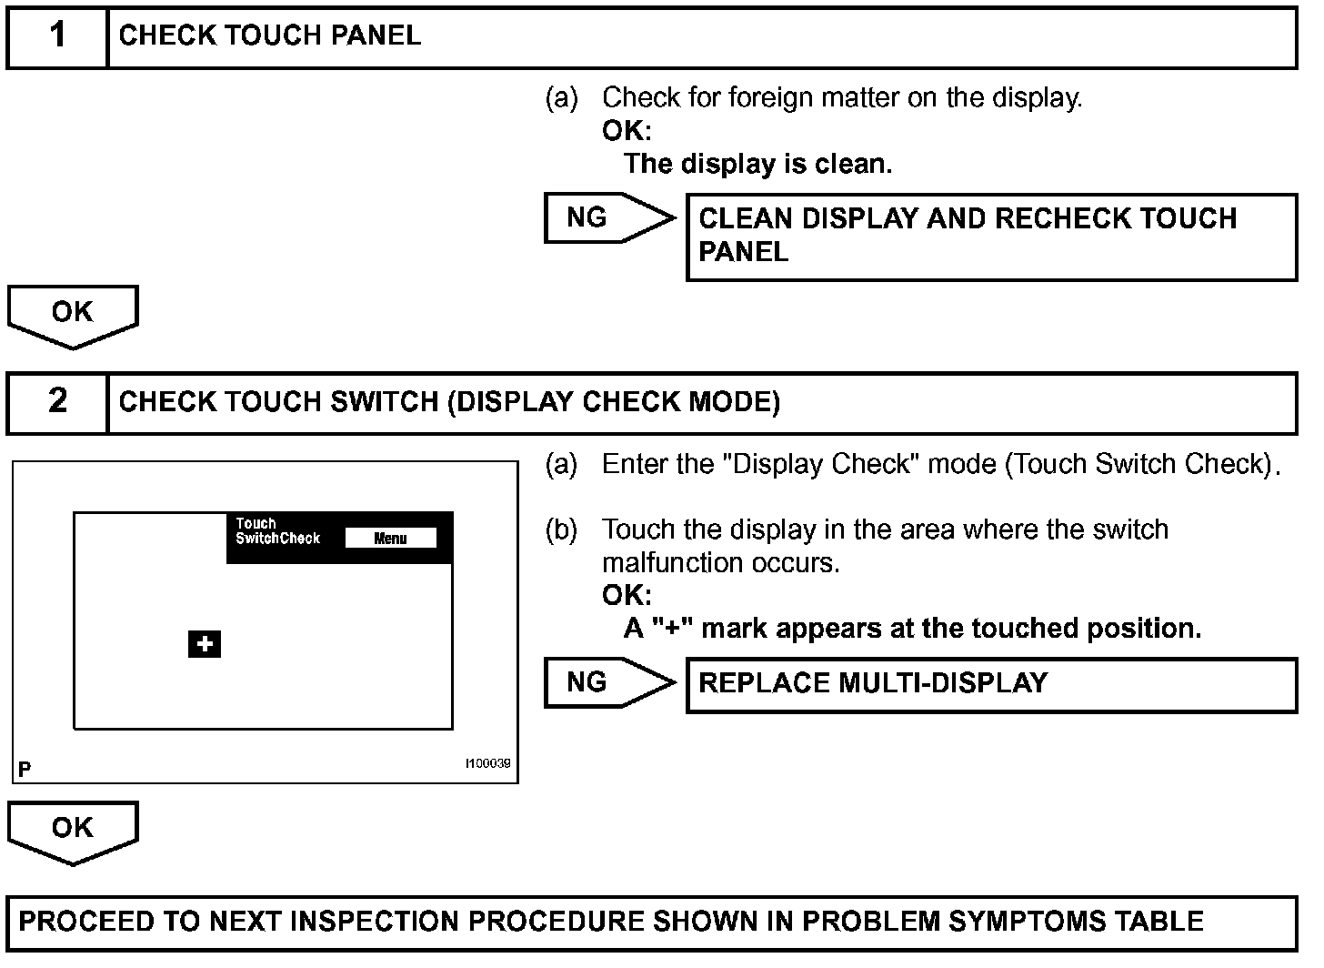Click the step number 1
[57, 36]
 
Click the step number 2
[57, 401]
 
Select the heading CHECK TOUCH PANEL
[270, 36]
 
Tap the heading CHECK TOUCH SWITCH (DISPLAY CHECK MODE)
[449, 402]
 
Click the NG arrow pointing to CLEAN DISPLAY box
[607, 218]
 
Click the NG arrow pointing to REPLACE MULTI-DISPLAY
[607, 682]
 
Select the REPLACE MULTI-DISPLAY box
[990, 685]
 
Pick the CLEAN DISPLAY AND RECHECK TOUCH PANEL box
[990, 237]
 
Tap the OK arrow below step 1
[73, 315]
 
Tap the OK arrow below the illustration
[73, 831]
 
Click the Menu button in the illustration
[390, 539]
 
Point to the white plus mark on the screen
[205, 644]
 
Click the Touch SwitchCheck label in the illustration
[277, 531]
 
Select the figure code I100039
[487, 763]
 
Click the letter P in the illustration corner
[25, 770]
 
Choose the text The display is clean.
[757, 164]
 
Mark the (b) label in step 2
[561, 529]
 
